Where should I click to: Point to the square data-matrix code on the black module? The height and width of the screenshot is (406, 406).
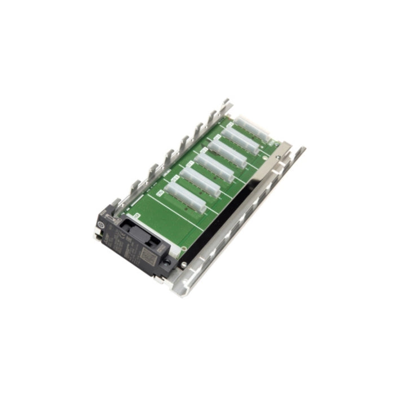pyautogui.click(x=147, y=257)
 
